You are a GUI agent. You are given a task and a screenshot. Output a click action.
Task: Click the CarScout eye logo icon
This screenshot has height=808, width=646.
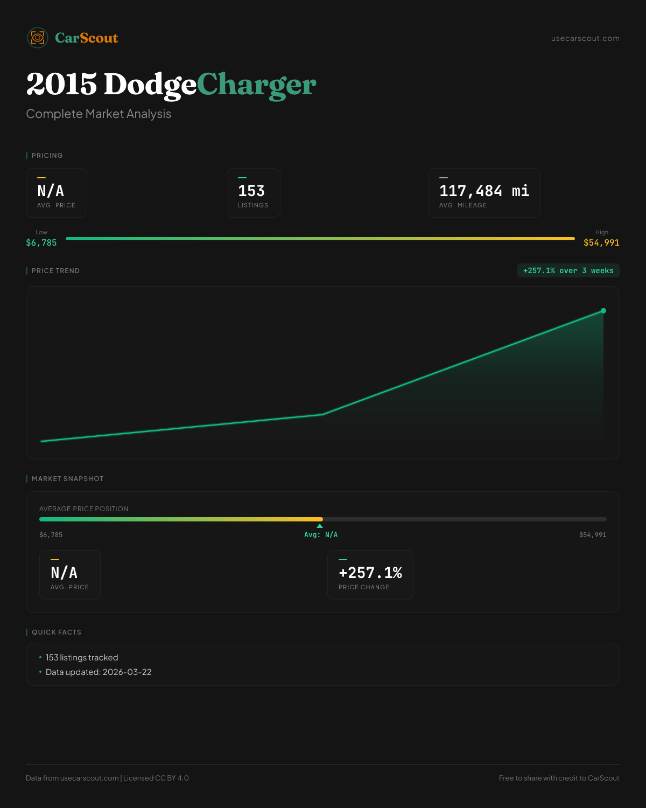[x=38, y=38]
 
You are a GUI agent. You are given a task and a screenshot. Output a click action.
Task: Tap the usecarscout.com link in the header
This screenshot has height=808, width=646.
[x=585, y=38]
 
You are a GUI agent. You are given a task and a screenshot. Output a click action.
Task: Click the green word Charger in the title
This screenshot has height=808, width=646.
[x=256, y=85]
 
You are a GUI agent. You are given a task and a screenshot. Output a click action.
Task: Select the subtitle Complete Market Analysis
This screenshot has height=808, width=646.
[x=99, y=114]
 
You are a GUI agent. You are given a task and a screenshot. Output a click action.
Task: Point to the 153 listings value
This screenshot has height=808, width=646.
[x=251, y=191]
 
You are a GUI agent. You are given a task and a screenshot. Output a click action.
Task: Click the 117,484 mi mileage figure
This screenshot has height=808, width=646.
[x=484, y=191]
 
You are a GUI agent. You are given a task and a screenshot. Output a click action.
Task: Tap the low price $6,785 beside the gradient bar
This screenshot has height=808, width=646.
[x=41, y=243]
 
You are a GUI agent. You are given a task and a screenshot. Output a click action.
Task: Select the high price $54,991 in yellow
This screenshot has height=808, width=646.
[x=601, y=243]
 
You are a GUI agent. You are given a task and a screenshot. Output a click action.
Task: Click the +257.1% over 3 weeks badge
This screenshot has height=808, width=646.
[x=568, y=270]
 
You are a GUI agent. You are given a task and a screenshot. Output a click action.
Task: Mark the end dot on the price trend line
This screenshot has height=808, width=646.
[x=603, y=311]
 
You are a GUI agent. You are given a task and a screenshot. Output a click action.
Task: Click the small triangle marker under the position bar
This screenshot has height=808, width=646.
[x=320, y=526]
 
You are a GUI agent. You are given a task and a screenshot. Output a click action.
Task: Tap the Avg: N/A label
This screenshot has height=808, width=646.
[x=321, y=535]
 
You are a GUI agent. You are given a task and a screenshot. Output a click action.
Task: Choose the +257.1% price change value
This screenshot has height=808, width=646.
[x=370, y=573]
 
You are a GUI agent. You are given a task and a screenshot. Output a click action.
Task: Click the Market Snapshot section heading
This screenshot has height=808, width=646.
[x=67, y=479]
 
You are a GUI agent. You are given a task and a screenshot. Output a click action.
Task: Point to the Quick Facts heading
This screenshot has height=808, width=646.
[x=56, y=632]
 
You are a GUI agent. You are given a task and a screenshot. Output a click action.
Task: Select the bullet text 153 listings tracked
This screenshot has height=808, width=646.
[x=82, y=658]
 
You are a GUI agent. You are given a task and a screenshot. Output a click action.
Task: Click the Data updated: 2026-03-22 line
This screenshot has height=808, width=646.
[x=99, y=672]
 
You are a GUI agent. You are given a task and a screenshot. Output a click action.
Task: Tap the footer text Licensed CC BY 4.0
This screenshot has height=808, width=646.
[x=156, y=778]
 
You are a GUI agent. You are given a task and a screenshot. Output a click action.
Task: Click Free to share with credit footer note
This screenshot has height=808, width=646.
[x=559, y=778]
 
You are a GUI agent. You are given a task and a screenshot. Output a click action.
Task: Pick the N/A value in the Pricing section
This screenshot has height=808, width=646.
[x=51, y=191]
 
